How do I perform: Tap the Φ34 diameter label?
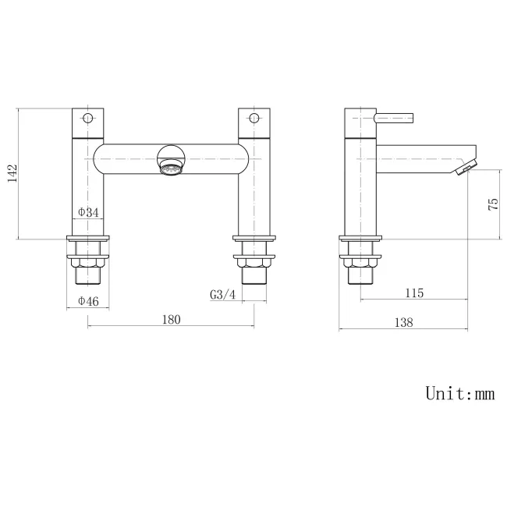87,211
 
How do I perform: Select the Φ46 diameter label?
87,301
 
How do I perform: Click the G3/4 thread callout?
222,295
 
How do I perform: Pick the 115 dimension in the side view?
414,293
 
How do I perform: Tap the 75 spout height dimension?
492,205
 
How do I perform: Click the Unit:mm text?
459,392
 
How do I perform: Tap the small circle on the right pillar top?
253,119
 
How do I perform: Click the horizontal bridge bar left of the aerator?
125,161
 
